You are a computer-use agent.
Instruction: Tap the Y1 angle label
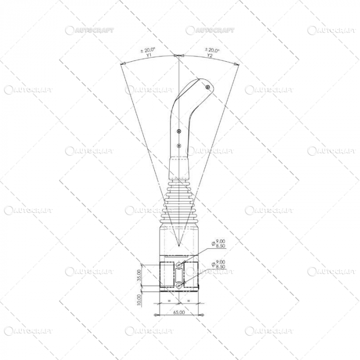pyautogui.click(x=148, y=55)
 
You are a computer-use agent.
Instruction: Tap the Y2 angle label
pyautogui.click(x=210, y=55)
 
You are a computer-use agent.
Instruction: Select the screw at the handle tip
pyautogui.click(x=207, y=88)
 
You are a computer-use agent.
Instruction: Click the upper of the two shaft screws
pyautogui.click(x=178, y=131)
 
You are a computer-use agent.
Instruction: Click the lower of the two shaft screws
pyautogui.click(x=178, y=146)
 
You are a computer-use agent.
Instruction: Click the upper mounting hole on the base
pyautogui.click(x=178, y=265)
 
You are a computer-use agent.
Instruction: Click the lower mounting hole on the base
pyautogui.click(x=178, y=285)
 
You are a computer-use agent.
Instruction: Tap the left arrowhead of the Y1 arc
pyautogui.click(x=122, y=64)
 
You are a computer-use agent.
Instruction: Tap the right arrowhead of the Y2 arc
pyautogui.click(x=237, y=64)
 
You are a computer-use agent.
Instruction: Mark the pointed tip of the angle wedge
pyautogui.click(x=178, y=246)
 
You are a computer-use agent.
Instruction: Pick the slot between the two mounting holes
pyautogui.click(x=178, y=275)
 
